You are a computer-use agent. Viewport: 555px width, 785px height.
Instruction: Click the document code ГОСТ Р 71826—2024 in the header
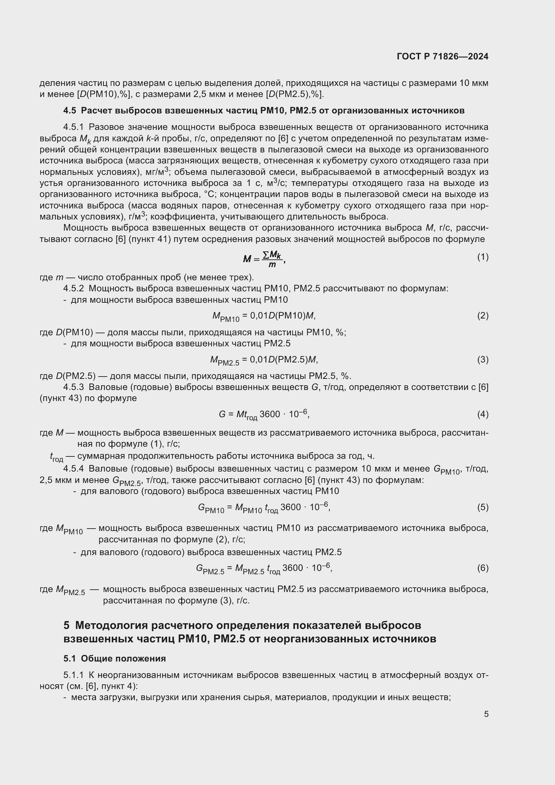point(443,56)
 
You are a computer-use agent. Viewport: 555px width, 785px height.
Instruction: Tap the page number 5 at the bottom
point(486,714)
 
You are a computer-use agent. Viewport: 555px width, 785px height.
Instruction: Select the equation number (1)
point(483,257)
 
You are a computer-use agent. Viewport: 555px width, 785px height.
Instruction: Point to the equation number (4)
point(483,414)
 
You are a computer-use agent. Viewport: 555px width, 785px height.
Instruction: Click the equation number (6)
point(483,568)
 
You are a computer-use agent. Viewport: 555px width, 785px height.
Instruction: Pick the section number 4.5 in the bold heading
point(70,110)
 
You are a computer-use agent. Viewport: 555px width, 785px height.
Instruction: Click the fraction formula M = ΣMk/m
point(264,259)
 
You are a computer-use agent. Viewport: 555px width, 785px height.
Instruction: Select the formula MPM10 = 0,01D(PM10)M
point(264,316)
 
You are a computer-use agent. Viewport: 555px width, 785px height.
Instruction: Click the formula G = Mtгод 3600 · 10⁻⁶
point(264,415)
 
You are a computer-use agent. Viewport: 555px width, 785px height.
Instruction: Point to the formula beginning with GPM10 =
point(264,507)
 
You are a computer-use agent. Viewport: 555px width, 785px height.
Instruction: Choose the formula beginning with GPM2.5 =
point(264,568)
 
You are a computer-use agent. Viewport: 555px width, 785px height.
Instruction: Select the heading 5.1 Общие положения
point(114,658)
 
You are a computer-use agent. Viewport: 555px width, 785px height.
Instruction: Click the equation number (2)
point(483,315)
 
